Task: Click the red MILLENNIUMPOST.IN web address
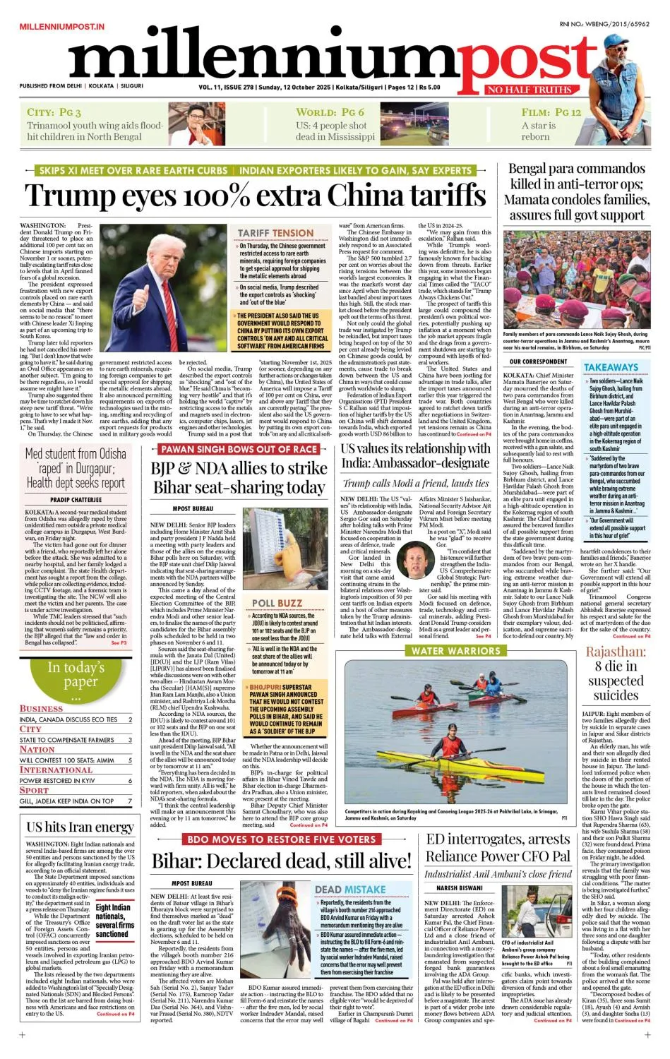(x=62, y=26)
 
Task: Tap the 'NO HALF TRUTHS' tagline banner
(x=529, y=90)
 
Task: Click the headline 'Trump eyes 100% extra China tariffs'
(x=256, y=195)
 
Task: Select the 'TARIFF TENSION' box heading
(x=275, y=233)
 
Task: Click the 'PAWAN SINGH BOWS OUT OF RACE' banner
(x=238, y=449)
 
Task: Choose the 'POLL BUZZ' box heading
(x=277, y=603)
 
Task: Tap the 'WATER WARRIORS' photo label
(x=455, y=650)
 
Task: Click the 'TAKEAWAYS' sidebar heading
(x=611, y=367)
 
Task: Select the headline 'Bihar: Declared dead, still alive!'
(x=281, y=861)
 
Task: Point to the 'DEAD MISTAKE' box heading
(x=350, y=890)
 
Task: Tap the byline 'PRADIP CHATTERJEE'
(x=76, y=500)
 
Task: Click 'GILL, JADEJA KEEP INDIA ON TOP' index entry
(x=67, y=801)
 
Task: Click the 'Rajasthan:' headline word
(x=615, y=651)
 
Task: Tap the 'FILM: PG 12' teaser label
(x=551, y=112)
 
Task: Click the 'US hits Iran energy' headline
(x=80, y=827)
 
